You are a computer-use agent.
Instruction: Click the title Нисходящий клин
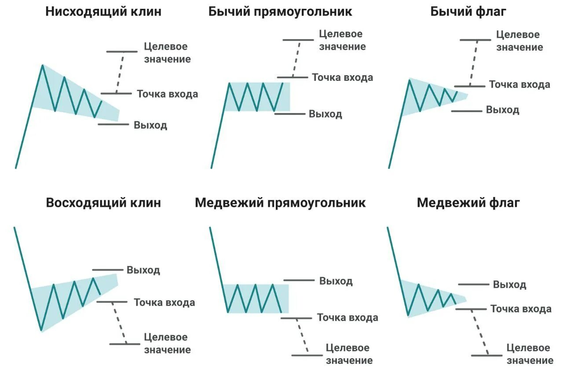(103, 12)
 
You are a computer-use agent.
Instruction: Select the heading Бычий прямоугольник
(280, 12)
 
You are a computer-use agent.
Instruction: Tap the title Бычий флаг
(468, 12)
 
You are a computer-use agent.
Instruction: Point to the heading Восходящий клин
(103, 203)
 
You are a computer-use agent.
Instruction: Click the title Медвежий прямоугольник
(280, 203)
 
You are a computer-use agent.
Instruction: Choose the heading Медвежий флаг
(468, 203)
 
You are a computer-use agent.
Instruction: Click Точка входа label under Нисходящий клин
(167, 94)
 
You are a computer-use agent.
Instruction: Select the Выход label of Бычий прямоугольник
(325, 114)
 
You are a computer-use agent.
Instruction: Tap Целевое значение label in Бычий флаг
(519, 41)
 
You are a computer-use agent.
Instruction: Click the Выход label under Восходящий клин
(143, 270)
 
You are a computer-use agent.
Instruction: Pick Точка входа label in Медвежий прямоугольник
(347, 318)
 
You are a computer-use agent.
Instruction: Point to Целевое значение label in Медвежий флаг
(530, 354)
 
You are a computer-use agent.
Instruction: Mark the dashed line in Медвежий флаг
(479, 332)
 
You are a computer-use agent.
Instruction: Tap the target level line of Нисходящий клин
(122, 52)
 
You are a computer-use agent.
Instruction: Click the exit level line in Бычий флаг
(467, 111)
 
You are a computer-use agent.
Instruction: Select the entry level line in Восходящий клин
(112, 302)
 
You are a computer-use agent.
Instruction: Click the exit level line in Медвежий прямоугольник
(299, 280)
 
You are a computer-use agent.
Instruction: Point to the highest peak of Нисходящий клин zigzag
(43, 66)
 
